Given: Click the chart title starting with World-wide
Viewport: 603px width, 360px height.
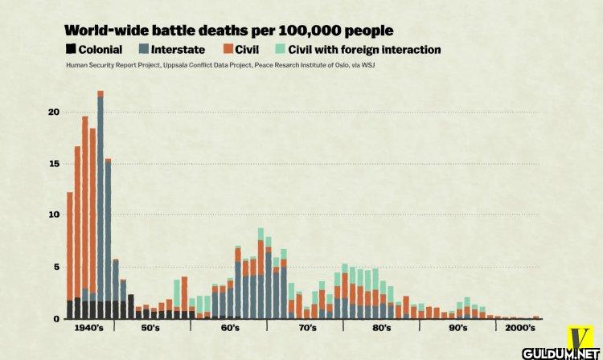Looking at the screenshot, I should click(x=228, y=31).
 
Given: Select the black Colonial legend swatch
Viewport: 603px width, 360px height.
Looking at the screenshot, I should click(x=71, y=50).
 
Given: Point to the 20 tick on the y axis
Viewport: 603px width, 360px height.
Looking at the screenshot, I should click(x=54, y=112).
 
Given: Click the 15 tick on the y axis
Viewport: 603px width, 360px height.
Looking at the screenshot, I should click(x=54, y=164).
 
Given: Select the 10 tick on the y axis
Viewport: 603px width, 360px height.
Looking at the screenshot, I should click(x=54, y=215).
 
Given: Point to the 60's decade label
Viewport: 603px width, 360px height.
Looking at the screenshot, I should click(x=229, y=329).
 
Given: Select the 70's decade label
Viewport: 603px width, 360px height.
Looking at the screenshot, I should click(x=306, y=329).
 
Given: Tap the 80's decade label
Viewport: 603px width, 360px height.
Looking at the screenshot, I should click(x=382, y=329).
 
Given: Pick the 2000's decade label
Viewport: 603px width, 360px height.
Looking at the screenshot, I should click(x=518, y=329).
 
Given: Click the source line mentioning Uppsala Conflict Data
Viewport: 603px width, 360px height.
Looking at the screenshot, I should click(x=220, y=64).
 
